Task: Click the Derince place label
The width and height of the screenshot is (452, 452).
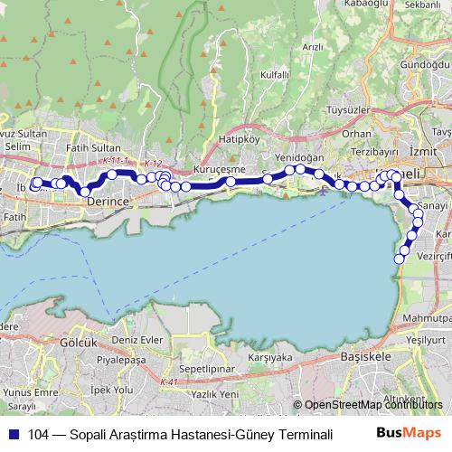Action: tap(110, 203)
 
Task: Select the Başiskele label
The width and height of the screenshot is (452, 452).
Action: tap(366, 357)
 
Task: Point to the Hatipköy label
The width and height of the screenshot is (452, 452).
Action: tap(240, 140)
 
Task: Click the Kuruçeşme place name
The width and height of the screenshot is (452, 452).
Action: tap(220, 168)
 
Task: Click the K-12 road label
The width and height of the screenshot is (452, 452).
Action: tap(152, 164)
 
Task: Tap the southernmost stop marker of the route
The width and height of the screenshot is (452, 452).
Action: tap(399, 260)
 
